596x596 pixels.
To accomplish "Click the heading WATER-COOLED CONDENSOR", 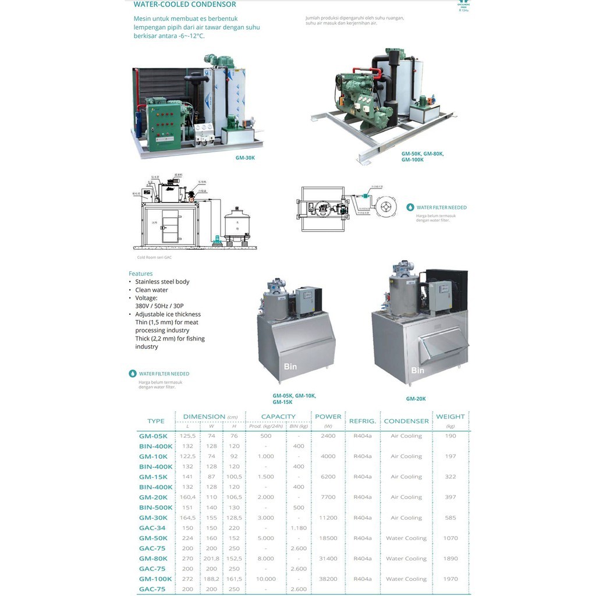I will tap(185, 5).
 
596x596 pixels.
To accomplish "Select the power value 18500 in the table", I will tap(328, 538).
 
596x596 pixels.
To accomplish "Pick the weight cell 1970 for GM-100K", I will tap(450, 579).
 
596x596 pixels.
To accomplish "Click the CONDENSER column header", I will tap(406, 421).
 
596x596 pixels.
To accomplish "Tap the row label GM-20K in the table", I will tap(153, 498).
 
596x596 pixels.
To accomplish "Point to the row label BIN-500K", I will tap(155, 508).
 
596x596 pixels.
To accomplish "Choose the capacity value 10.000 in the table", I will tap(265, 579).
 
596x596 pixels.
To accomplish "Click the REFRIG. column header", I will tap(363, 421).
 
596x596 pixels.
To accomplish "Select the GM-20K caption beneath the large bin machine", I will tap(416, 399).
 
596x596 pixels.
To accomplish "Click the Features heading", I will tap(141, 274).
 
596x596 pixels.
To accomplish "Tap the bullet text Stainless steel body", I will tap(162, 282).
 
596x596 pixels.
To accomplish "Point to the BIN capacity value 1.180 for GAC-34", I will tap(298, 528).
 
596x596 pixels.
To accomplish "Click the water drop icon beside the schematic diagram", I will tap(410, 207).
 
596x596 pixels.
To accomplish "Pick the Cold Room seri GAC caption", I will tap(154, 257).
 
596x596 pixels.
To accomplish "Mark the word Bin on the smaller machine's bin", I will tap(290, 367).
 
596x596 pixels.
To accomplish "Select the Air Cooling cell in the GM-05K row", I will tap(406, 436).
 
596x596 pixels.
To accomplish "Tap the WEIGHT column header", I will tap(450, 417).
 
